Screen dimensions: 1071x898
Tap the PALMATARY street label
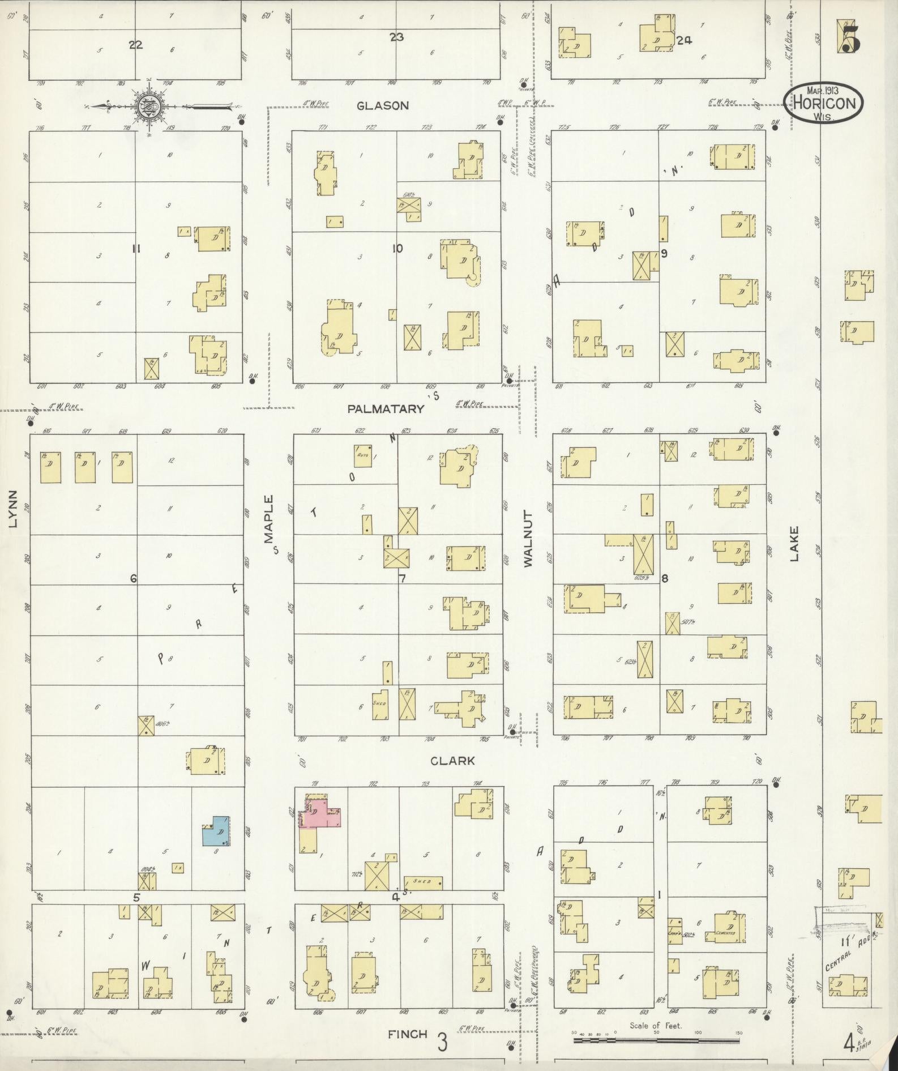(x=386, y=409)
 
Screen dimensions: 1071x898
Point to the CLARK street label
(x=452, y=761)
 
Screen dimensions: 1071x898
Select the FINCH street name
(x=407, y=1034)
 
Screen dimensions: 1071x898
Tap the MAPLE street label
(x=268, y=519)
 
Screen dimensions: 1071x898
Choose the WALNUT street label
(x=528, y=538)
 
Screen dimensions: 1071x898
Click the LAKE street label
(x=794, y=544)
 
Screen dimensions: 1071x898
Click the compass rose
(x=147, y=106)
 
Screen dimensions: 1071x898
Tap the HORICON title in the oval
(x=823, y=104)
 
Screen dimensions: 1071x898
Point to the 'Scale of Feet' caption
(x=656, y=1025)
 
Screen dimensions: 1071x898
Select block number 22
(x=135, y=45)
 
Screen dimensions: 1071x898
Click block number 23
(x=396, y=37)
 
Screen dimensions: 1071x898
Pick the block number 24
(x=684, y=40)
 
